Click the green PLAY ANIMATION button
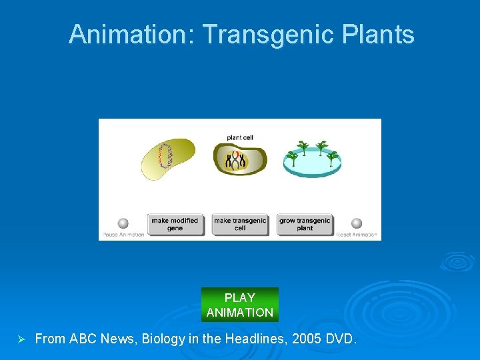click(240, 305)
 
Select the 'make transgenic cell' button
click(240, 224)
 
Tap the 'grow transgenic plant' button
click(305, 224)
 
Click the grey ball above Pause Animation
click(123, 223)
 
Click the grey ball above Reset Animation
click(357, 223)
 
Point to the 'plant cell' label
click(240, 138)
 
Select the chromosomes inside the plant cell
click(236, 160)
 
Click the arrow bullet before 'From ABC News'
click(20, 339)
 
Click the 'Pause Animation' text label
click(123, 235)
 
